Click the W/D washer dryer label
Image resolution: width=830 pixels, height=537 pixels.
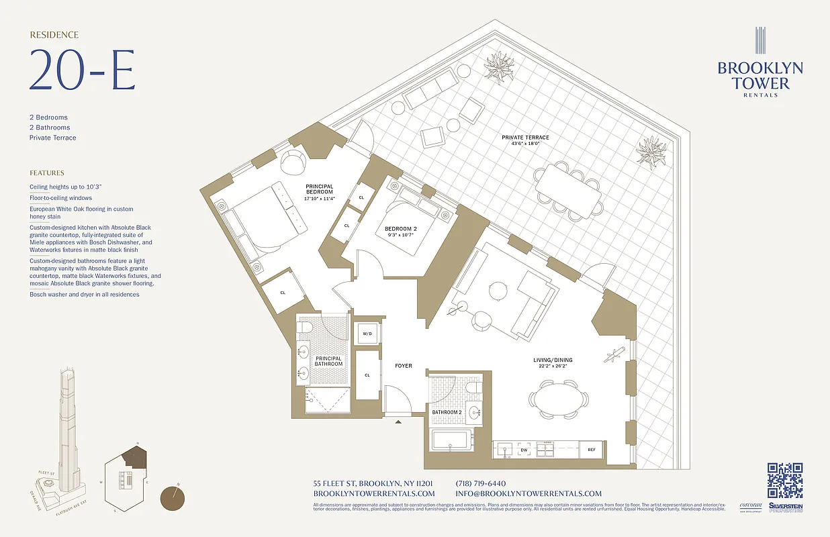click(x=367, y=334)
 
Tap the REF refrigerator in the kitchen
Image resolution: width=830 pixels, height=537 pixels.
click(x=592, y=450)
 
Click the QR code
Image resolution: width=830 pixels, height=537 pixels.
click(x=785, y=481)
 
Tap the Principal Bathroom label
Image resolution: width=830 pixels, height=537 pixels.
click(x=328, y=361)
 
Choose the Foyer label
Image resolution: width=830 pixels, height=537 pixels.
click(x=403, y=366)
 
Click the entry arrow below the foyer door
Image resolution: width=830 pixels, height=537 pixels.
click(x=399, y=422)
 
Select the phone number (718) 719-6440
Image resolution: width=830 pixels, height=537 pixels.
click(x=480, y=483)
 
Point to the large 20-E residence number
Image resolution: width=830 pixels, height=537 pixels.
click(x=82, y=70)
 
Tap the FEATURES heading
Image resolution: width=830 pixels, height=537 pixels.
click(x=47, y=173)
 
